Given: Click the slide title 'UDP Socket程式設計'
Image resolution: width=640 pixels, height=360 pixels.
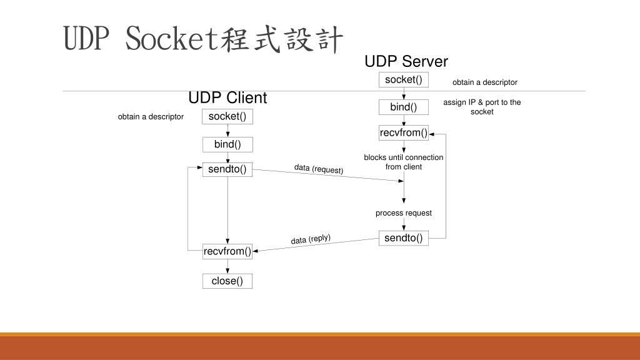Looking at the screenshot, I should pos(204,39).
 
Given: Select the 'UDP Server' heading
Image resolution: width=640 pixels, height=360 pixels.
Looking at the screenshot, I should pos(406,61).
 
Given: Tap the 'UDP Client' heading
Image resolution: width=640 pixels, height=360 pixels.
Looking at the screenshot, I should pos(227,98).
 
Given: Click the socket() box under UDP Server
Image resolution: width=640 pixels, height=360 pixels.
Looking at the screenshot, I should pos(403,79).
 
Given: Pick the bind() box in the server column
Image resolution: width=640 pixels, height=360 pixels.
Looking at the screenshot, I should pos(403,107).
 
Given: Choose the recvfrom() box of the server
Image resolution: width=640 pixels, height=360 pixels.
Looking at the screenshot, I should pos(403,132).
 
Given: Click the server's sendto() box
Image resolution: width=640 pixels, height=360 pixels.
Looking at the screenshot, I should pos(403,237).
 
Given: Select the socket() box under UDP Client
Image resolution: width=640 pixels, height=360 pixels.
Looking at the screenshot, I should pos(227,116).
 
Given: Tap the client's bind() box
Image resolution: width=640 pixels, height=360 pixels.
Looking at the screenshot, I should pos(227,144).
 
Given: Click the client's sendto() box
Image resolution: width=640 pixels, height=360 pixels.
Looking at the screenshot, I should pos(227,169).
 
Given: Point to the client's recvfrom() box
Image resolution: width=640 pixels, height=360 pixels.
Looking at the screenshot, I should pos(227,251).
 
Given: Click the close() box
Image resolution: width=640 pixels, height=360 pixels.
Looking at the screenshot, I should pos(227,281).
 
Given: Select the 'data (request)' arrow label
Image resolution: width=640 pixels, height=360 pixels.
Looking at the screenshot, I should pos(319,169).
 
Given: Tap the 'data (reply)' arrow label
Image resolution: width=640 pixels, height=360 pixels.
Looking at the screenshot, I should pos(311,239).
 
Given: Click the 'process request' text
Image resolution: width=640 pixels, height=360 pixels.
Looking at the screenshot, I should pos(403,213).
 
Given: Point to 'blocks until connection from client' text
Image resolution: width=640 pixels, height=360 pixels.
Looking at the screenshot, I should pos(403,162).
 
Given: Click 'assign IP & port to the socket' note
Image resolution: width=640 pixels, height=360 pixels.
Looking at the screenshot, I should pos(482,107).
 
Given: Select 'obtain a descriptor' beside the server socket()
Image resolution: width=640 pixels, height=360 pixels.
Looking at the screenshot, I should pos(485,82).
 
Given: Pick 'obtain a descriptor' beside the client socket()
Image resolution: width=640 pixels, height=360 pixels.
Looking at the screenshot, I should pos(151,117).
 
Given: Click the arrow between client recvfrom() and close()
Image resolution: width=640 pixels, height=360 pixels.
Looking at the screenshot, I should pos(227,266).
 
